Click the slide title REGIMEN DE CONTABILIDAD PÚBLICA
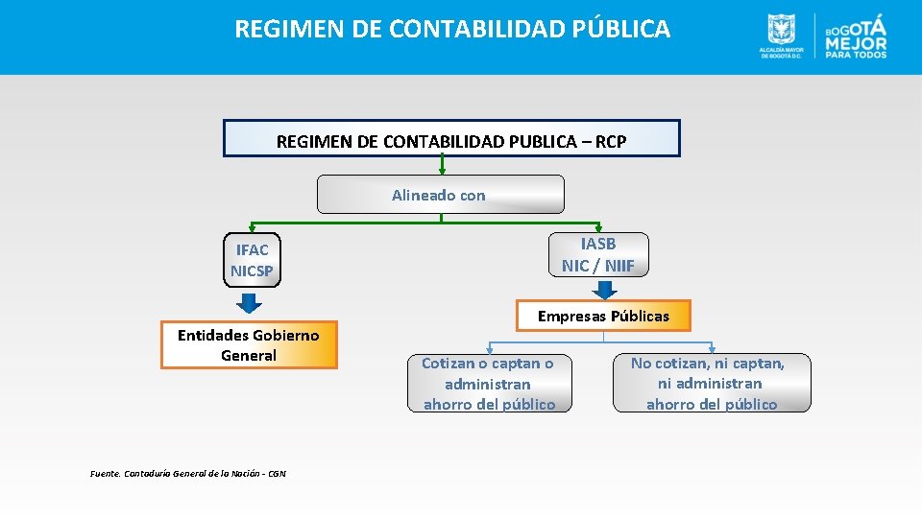(x=452, y=29)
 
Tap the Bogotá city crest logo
(x=781, y=35)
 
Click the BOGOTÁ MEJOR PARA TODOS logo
(x=856, y=36)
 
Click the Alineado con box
(x=441, y=195)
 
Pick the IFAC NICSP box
(x=252, y=260)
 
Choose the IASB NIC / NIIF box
(x=598, y=254)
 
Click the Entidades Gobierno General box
(x=249, y=344)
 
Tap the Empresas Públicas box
(x=603, y=316)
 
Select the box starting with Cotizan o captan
(x=489, y=383)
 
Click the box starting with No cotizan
(x=712, y=383)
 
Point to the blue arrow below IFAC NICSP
(x=249, y=303)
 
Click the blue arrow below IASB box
(x=603, y=289)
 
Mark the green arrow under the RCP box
(x=442, y=166)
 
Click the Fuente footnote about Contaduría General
(x=187, y=473)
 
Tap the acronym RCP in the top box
(x=611, y=142)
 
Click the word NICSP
(x=252, y=271)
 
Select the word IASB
(x=598, y=244)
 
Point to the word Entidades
(x=217, y=335)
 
